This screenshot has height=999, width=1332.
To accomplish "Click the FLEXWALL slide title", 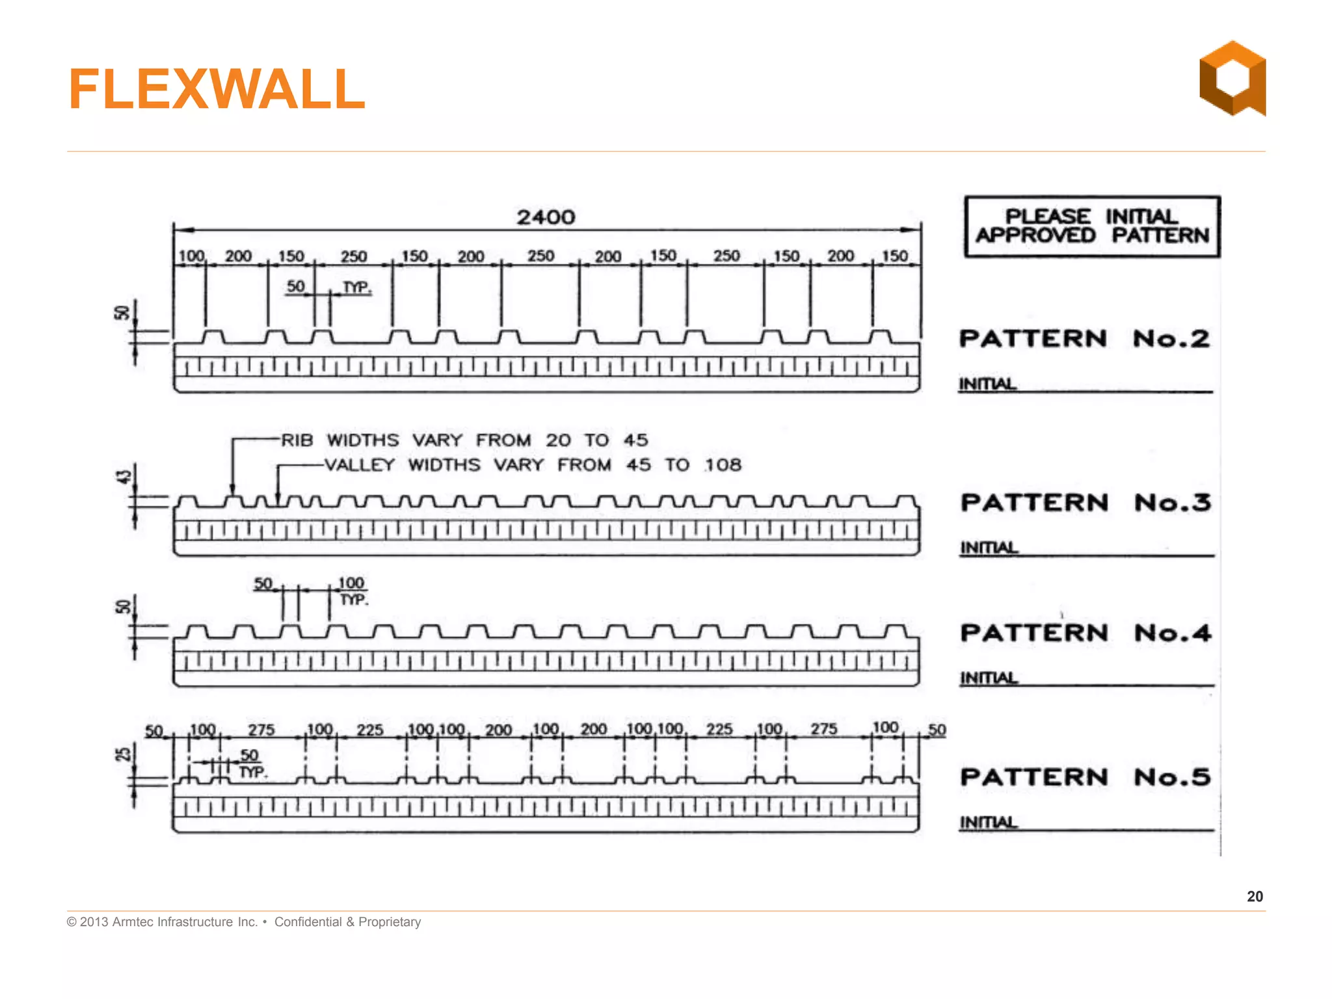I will point(217,89).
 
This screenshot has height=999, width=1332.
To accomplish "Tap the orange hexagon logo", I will point(1232,79).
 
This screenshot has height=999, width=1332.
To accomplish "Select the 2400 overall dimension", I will point(546,217).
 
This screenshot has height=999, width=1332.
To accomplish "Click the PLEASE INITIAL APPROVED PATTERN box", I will point(1091,226).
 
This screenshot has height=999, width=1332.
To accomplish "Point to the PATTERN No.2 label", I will point(1084,339).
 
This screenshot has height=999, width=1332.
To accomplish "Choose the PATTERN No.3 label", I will point(1086,503).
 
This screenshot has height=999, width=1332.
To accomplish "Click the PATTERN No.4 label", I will point(1086,633).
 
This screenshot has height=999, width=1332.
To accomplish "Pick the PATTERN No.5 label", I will point(1086,777).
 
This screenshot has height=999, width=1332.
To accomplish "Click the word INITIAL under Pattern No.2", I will point(987,384).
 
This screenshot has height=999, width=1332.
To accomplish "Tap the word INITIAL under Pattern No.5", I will point(989,823).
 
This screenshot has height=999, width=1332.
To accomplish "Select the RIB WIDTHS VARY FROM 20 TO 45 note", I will point(464,440).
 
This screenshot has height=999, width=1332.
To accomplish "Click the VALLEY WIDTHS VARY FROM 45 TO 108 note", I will point(533,465).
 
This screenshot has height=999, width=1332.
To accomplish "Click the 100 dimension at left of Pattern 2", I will point(191,256).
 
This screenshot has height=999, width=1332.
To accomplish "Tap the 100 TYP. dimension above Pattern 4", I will point(352,591).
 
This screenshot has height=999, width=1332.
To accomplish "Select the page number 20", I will point(1255,896).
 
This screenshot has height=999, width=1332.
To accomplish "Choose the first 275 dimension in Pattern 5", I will point(261,730).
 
